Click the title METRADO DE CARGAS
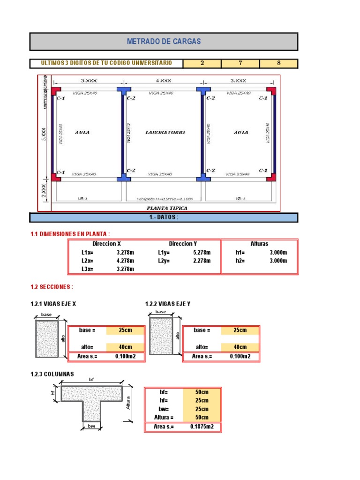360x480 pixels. [164, 42]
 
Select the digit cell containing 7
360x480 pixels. [240, 63]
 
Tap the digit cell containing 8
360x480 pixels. [278, 63]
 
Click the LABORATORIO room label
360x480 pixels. [165, 133]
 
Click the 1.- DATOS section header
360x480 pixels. [164, 217]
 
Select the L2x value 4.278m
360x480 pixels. [125, 261]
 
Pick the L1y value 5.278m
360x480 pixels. [202, 252]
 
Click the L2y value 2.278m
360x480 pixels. [202, 261]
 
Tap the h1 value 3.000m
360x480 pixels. [278, 252]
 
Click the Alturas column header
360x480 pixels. [259, 244]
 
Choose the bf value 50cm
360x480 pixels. [202, 392]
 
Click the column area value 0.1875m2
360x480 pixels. [202, 427]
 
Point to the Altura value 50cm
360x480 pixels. [202, 417]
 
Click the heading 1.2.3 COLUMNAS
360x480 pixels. [52, 374]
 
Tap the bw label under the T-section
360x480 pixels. [92, 427]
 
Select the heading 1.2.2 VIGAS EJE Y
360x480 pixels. [168, 304]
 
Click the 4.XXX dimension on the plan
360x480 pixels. [164, 81]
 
